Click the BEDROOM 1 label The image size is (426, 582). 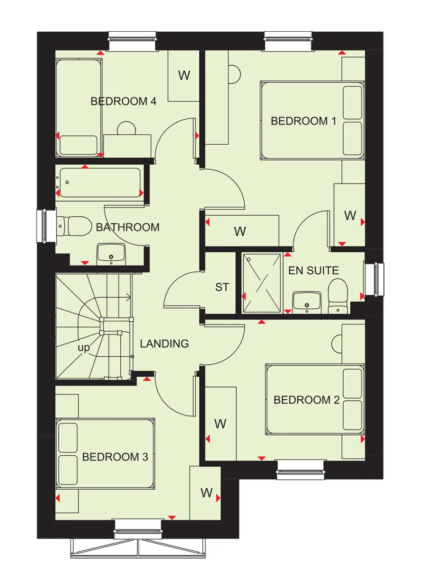(x=303, y=121)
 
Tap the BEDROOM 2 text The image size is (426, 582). (x=307, y=400)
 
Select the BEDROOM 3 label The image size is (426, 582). (x=115, y=457)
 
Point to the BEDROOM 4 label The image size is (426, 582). (x=124, y=101)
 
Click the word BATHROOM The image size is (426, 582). (x=128, y=228)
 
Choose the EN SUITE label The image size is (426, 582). (x=314, y=271)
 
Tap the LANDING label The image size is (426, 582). (x=165, y=344)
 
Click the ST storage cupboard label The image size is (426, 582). (x=222, y=287)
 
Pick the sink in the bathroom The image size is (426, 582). (x=111, y=254)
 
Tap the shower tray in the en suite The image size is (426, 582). (x=262, y=283)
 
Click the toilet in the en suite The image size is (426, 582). (x=338, y=296)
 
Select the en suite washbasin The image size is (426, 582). (x=307, y=301)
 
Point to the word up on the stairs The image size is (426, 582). (x=84, y=348)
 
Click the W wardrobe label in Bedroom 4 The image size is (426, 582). (x=184, y=75)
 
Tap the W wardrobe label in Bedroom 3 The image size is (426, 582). (x=206, y=493)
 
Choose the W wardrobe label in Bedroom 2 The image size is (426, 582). (x=221, y=424)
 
